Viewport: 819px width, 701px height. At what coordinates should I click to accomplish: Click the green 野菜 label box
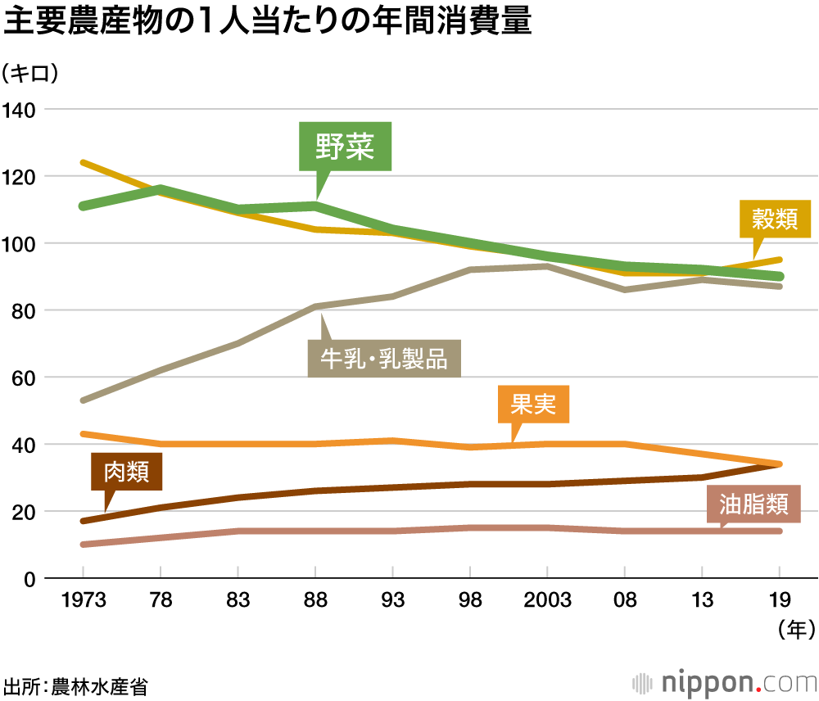tap(345, 147)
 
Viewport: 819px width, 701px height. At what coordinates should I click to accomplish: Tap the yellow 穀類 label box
tap(775, 219)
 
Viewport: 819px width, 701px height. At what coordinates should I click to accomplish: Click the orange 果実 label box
tap(533, 405)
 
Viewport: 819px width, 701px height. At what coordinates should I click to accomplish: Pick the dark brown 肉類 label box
tap(127, 473)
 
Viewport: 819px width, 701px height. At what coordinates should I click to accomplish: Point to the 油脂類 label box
tap(753, 504)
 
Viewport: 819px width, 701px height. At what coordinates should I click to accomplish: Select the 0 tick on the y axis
tap(28, 579)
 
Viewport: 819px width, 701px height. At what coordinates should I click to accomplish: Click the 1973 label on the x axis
tap(84, 601)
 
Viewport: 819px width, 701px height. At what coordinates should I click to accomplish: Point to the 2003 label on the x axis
tap(547, 601)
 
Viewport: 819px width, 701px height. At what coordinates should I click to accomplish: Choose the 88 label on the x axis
tap(315, 601)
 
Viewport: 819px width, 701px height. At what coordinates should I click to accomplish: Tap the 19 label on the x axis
tap(779, 601)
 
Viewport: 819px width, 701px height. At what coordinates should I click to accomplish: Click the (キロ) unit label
tap(30, 74)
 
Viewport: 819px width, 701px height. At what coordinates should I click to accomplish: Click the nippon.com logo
tap(726, 682)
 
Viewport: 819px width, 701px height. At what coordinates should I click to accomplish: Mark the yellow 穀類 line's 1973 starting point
tap(84, 162)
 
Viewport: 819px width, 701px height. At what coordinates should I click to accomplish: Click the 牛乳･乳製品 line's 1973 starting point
tap(84, 400)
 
